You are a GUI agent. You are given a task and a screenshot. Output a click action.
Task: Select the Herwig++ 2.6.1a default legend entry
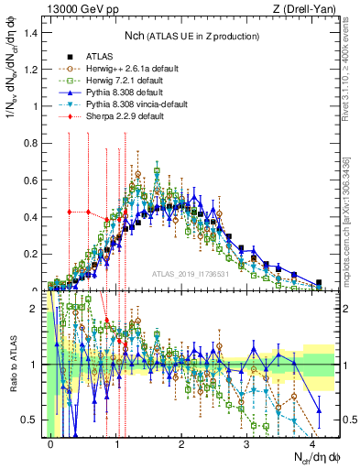tap(122, 69)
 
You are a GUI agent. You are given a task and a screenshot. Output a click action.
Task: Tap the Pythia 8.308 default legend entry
tap(116, 93)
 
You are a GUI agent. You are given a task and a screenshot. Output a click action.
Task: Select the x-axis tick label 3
tap(247, 443)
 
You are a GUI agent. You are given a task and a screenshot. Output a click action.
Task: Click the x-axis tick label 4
tap(312, 443)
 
